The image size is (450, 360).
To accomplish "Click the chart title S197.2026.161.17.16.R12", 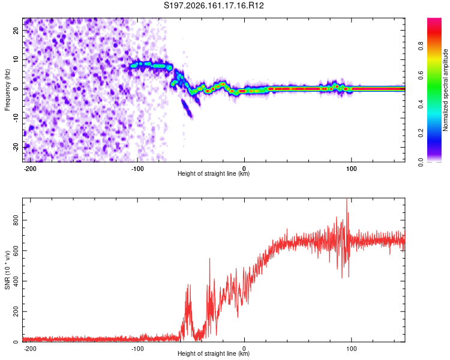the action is [214, 5].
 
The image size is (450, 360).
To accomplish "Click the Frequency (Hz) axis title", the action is [7, 90].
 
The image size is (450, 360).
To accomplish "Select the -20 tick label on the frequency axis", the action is [16, 148].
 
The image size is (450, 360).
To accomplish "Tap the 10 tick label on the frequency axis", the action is [16, 59].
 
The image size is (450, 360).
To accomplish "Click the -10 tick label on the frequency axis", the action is [16, 118].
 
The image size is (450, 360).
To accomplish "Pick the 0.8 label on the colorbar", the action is [421, 46].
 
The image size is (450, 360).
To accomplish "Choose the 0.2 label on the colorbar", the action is [421, 133].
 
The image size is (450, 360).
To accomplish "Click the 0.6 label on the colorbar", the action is [421, 75].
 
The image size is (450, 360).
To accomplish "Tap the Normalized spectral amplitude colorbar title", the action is [445, 90].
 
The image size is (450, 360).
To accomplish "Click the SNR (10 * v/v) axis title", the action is [7, 270].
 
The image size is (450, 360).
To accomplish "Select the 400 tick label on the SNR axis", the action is [16, 281].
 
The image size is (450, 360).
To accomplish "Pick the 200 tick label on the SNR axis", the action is [16, 311].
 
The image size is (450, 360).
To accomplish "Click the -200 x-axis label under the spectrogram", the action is [30, 169].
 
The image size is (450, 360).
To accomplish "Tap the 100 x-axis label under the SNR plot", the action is [351, 349].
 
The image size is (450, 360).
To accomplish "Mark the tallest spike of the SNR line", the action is [347, 199].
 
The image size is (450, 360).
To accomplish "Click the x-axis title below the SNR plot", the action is [214, 353].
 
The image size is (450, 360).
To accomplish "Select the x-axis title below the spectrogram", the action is [214, 173].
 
